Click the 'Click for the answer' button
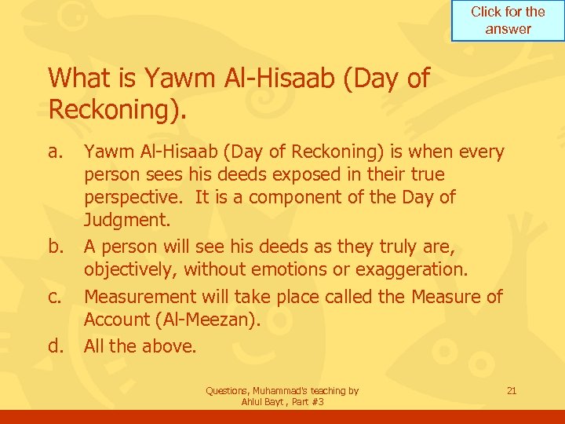[508, 20]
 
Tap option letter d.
[56, 345]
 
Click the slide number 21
[512, 390]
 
